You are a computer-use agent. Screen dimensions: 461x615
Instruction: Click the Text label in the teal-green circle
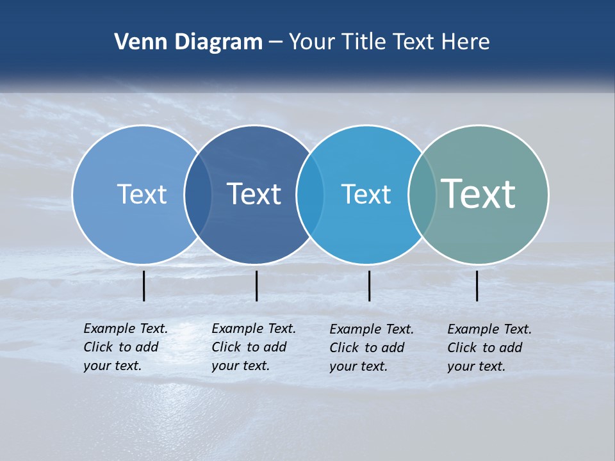click(x=479, y=194)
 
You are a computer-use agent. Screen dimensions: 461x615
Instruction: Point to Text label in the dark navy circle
click(x=254, y=194)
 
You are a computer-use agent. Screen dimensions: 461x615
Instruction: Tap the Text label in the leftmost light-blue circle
click(x=142, y=194)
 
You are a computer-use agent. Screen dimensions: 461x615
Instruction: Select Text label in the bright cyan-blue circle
click(x=366, y=194)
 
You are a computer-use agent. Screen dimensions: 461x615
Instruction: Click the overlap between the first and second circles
click(x=199, y=194)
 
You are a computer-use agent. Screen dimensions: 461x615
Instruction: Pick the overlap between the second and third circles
click(x=311, y=194)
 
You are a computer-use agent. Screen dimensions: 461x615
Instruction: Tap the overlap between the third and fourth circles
click(x=422, y=194)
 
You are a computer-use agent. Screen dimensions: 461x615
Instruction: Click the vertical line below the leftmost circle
click(x=144, y=286)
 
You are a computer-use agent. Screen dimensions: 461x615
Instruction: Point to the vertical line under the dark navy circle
click(x=256, y=286)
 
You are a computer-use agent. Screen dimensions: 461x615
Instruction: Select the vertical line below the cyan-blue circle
click(x=369, y=286)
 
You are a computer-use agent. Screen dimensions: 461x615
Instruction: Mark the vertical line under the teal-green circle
click(x=477, y=286)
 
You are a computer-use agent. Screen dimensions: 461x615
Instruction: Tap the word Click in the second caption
click(x=226, y=348)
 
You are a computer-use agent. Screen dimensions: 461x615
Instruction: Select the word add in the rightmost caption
click(x=511, y=348)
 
